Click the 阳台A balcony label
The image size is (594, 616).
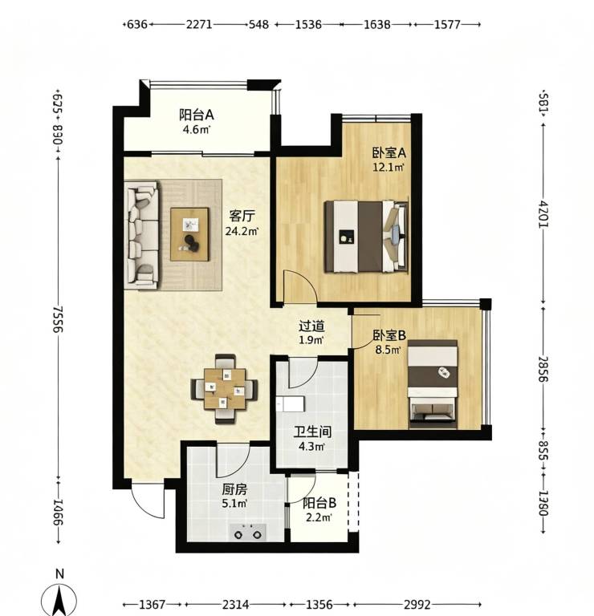196,115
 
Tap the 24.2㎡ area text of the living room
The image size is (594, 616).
241,231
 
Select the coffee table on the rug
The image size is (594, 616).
189,234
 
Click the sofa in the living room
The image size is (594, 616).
141,234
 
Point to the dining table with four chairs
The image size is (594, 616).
225,388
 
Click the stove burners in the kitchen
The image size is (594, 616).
248,532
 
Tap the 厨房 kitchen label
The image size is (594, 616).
234,489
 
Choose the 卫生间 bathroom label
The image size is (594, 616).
312,432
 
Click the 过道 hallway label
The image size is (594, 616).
311,326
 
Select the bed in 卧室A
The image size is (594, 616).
366,237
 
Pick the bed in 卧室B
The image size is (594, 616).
433,384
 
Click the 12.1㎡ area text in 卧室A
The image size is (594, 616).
388,168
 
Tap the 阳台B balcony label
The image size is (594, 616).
319,503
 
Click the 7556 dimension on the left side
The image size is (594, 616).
58,319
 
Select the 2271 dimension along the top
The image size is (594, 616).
199,24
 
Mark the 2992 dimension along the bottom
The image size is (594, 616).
417,604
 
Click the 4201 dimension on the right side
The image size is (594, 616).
543,214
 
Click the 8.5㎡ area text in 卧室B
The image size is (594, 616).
388,350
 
